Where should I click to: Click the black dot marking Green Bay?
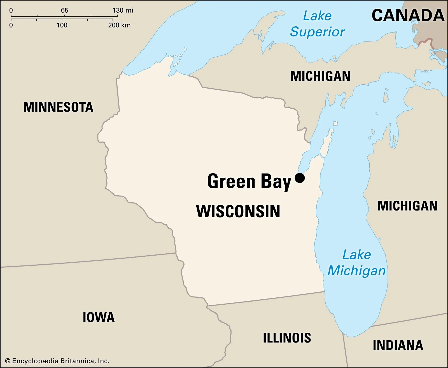point(300,178)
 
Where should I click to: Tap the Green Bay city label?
point(249,182)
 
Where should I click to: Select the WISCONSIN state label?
point(238,211)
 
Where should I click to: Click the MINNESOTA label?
point(58,107)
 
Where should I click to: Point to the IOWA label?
point(99,317)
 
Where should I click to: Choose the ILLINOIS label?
point(287,338)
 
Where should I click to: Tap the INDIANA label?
point(398,345)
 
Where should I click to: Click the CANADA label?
point(408,15)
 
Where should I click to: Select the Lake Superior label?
point(317,24)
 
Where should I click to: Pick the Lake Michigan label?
point(356,263)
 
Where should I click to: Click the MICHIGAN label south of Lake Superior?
point(320,76)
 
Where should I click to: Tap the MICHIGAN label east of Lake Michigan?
point(407,206)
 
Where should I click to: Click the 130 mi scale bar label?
point(123,10)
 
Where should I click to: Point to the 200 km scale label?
point(119,25)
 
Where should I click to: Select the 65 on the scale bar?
point(64,10)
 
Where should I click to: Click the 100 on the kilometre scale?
point(62,25)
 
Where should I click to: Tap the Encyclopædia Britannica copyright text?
point(57,361)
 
